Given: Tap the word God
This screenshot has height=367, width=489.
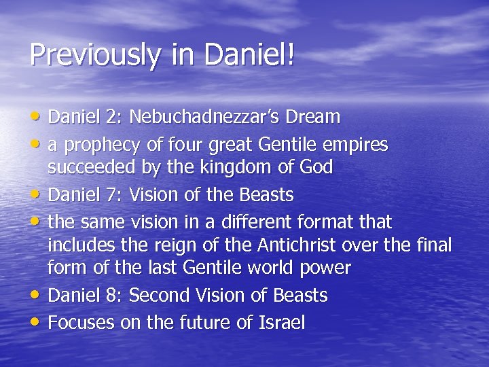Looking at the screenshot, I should [316, 167].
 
